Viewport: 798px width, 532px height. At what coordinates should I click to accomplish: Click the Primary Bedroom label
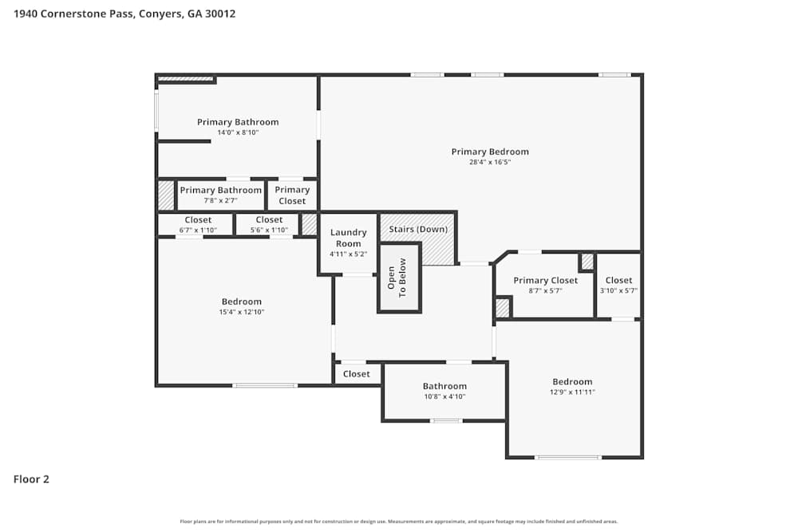pyautogui.click(x=490, y=152)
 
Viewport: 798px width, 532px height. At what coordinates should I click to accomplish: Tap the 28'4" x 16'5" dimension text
pyautogui.click(x=490, y=162)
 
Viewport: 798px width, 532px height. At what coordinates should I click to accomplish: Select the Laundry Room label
pyautogui.click(x=348, y=238)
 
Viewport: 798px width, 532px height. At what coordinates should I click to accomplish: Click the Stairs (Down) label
pyautogui.click(x=418, y=230)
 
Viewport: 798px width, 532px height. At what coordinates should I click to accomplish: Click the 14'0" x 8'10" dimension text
pyautogui.click(x=238, y=132)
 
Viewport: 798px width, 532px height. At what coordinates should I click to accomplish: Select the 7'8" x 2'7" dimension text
pyautogui.click(x=220, y=201)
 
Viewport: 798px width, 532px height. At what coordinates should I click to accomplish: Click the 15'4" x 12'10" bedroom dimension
pyautogui.click(x=242, y=312)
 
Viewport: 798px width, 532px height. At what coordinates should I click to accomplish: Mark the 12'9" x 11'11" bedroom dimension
pyautogui.click(x=572, y=392)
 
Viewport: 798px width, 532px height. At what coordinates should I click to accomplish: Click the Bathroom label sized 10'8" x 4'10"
pyautogui.click(x=444, y=386)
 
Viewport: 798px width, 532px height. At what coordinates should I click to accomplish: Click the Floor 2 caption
pyautogui.click(x=31, y=479)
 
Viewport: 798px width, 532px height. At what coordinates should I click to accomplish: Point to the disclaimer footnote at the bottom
pyautogui.click(x=399, y=522)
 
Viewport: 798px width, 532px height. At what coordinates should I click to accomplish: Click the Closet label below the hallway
pyautogui.click(x=357, y=374)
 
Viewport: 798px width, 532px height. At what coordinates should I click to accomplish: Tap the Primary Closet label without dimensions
pyautogui.click(x=292, y=195)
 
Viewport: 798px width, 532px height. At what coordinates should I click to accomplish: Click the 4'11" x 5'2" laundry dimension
pyautogui.click(x=348, y=254)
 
